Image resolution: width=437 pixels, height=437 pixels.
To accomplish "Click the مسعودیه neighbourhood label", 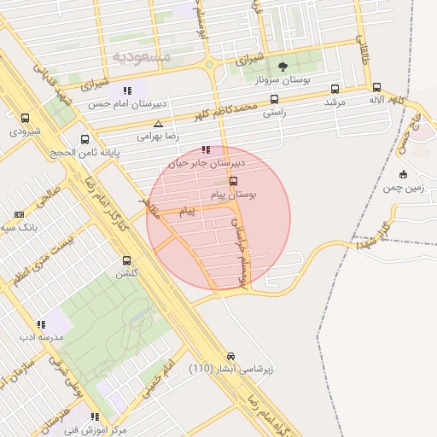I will pyautogui.click(x=142, y=56).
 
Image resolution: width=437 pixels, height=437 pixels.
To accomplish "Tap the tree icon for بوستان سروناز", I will pyautogui.click(x=283, y=66).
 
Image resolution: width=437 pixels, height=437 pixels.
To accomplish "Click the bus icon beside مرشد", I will pyautogui.click(x=334, y=88).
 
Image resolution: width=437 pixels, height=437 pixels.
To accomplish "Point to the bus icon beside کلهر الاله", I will pyautogui.click(x=376, y=87).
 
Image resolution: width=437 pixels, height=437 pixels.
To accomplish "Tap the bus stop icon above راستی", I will pyautogui.click(x=274, y=98).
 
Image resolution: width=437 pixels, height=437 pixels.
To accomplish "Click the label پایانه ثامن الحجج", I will pyautogui.click(x=84, y=152).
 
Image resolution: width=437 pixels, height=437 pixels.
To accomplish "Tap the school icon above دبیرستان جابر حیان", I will pyautogui.click(x=206, y=149).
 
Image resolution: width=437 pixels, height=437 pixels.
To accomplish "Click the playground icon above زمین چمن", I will pyautogui.click(x=403, y=173).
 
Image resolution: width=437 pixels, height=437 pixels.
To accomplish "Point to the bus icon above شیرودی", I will pyautogui.click(x=25, y=119).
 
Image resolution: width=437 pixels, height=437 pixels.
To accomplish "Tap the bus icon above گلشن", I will pyautogui.click(x=126, y=260).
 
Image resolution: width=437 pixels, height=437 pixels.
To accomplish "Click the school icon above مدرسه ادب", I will pyautogui.click(x=40, y=324).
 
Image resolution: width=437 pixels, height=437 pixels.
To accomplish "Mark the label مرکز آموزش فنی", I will pyautogui.click(x=95, y=429).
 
